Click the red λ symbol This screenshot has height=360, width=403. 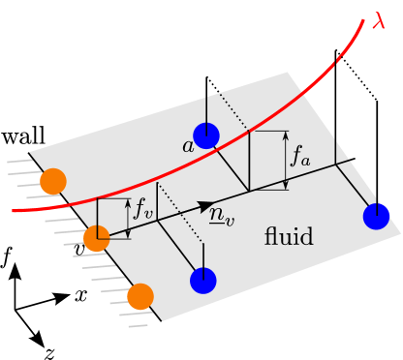[380, 20]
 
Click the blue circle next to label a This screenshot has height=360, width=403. [206, 136]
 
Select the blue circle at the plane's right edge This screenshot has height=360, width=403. [376, 217]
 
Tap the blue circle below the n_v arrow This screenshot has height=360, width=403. [203, 281]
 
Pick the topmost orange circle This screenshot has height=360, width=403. [53, 181]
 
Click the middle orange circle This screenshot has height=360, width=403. [97, 238]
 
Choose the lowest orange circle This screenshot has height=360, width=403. [140, 296]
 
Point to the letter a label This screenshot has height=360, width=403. [187, 146]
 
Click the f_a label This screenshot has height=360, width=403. [301, 159]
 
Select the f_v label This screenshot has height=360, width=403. [143, 208]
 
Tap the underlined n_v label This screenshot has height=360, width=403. [222, 217]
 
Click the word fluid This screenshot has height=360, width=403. [289, 237]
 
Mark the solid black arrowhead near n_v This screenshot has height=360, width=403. [205, 206]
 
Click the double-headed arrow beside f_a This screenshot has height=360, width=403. [285, 160]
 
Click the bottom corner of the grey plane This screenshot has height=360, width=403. [163, 320]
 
